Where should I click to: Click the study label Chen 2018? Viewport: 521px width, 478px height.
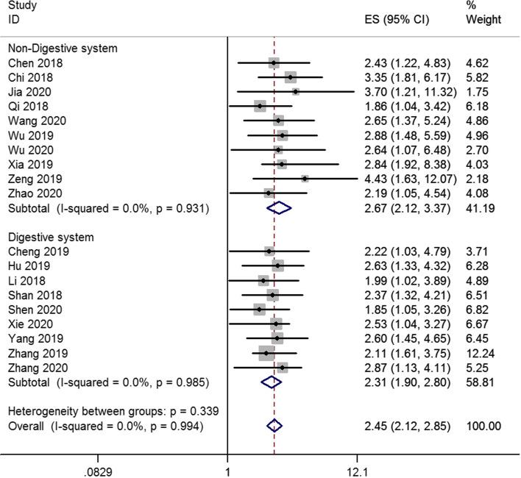(x=35, y=63)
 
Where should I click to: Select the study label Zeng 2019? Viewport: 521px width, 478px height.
(x=35, y=179)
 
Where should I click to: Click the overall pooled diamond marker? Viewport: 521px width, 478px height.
(x=274, y=426)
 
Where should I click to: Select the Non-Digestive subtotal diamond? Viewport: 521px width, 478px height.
(x=279, y=208)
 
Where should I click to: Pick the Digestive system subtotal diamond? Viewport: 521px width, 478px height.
(x=272, y=382)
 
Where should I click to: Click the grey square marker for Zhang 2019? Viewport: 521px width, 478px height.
(x=266, y=353)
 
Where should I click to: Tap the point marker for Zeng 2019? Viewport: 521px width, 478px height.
(x=305, y=179)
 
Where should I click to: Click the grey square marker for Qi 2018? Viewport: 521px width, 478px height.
(x=260, y=107)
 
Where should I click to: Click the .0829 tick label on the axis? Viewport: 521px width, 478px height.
(x=99, y=468)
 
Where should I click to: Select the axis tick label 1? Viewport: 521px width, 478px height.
(x=227, y=468)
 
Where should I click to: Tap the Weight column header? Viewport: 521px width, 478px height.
(x=483, y=18)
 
